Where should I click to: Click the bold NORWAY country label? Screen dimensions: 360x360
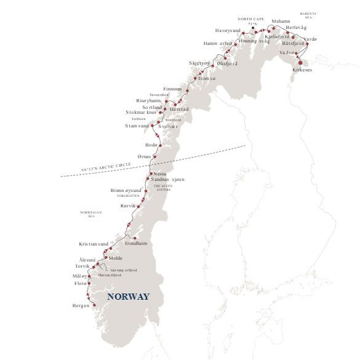[128, 297]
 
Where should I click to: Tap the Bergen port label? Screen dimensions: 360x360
[81, 306]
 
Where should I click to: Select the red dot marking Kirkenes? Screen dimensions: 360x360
[300, 62]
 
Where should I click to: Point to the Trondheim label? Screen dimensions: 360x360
[136, 243]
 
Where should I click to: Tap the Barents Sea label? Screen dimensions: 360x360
[308, 16]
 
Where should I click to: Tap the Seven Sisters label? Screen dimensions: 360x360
[162, 188]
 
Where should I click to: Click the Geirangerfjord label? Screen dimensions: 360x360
[123, 270]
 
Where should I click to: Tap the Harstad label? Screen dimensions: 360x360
[178, 109]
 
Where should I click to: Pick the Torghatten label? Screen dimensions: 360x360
[122, 196]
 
